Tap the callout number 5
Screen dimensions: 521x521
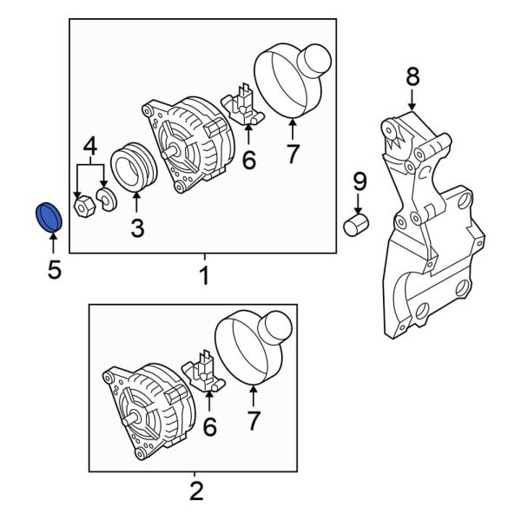pyautogui.click(x=54, y=270)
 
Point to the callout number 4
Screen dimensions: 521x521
pyautogui.click(x=89, y=146)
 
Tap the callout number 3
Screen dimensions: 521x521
pyautogui.click(x=137, y=228)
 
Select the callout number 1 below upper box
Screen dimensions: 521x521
pyautogui.click(x=204, y=277)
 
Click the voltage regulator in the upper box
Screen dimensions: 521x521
pyautogui.click(x=244, y=105)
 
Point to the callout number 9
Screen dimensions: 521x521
pyautogui.click(x=359, y=181)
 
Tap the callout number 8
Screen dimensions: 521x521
pyautogui.click(x=412, y=77)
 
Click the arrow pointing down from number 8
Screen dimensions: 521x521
pyautogui.click(x=412, y=100)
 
